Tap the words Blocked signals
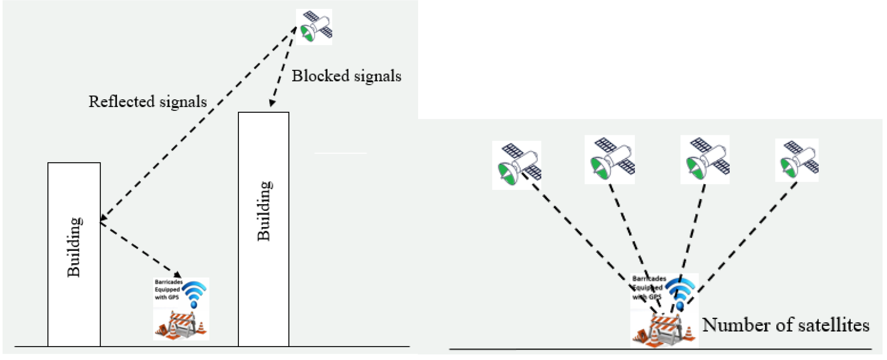[346, 76]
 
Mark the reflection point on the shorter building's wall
[101, 220]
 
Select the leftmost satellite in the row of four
[516, 165]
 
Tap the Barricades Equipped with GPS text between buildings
[168, 289]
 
